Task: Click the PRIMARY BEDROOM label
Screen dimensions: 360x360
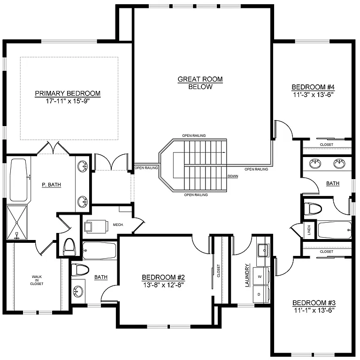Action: (x=68, y=93)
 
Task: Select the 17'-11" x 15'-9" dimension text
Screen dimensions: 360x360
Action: (x=68, y=101)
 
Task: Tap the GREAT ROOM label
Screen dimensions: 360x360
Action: (x=200, y=79)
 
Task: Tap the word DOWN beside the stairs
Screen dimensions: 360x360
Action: (x=233, y=176)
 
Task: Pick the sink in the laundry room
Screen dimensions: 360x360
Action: (x=263, y=251)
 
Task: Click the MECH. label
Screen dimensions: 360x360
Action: (x=118, y=225)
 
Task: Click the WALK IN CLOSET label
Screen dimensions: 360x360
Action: (x=37, y=280)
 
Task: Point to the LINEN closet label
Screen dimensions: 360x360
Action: (x=309, y=230)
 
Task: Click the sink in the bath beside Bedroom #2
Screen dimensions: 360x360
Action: (x=78, y=292)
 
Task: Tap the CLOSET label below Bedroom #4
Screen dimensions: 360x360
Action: (x=326, y=145)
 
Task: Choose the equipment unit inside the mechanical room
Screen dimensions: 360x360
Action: (x=93, y=226)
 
